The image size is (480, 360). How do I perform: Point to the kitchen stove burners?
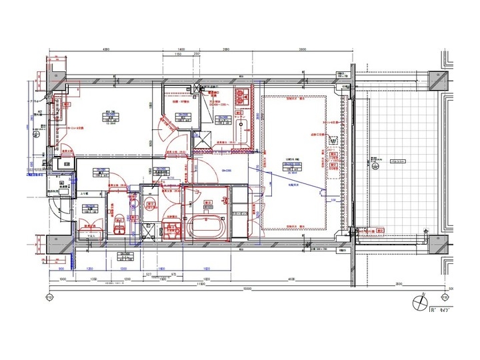tap(240, 93)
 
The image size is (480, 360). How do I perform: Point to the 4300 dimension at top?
tap(105, 50)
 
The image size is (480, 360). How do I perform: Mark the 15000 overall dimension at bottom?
tap(247, 289)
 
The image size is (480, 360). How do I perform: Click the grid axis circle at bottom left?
tap(49, 297)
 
